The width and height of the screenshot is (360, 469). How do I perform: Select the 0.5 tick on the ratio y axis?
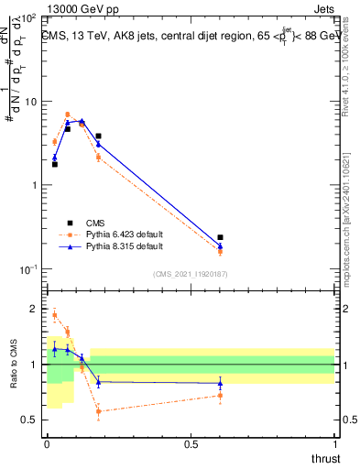33,420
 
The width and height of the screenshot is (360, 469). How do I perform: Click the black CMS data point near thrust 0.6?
220,237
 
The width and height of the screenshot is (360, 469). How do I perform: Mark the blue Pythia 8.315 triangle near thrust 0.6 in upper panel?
220,245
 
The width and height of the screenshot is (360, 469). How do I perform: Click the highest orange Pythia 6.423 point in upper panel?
68,115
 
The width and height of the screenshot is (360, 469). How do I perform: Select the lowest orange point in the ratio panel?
98,411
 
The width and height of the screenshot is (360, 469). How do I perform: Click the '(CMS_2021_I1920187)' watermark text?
191,274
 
